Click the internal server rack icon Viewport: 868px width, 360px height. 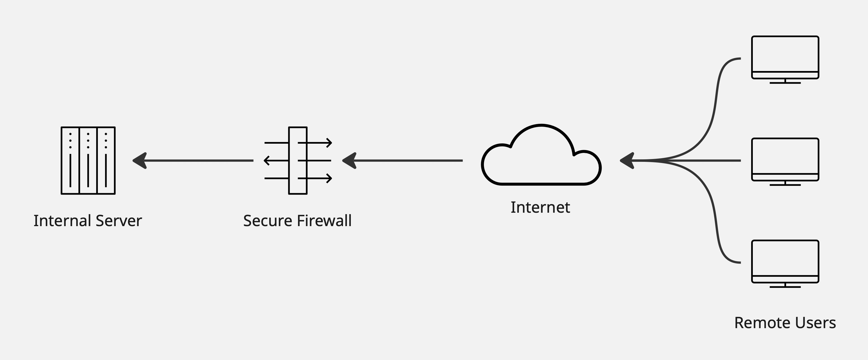88,160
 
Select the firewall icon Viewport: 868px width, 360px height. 298,160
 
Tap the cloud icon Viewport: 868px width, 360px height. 541,158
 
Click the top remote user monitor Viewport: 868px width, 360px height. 785,58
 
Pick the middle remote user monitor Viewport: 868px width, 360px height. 785,159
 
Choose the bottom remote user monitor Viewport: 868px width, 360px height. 785,261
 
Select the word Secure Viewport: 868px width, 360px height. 268,221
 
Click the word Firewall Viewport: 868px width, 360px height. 324,221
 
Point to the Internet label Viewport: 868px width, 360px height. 540,207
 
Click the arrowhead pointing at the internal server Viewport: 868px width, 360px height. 140,161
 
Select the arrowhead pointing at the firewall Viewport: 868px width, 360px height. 349,161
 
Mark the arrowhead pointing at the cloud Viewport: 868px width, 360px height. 627,161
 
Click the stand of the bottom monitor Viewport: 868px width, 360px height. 785,286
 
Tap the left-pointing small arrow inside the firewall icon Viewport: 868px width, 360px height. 267,161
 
